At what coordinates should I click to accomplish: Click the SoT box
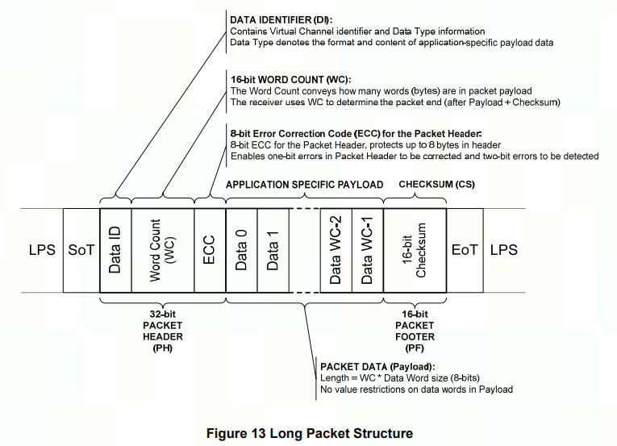[81, 250]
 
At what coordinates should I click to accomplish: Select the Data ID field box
[115, 250]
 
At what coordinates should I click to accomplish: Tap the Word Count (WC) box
[162, 250]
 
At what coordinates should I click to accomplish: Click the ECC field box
[210, 250]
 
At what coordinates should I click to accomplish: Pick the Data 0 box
[241, 250]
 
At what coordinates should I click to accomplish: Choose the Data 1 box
[273, 250]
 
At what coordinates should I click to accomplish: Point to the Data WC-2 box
[336, 250]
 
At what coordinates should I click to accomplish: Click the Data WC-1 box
[368, 250]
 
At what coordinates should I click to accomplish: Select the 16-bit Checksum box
[415, 250]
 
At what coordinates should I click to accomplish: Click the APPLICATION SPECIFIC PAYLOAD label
[304, 185]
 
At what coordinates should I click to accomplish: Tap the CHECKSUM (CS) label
[436, 185]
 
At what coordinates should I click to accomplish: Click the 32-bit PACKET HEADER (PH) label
[163, 331]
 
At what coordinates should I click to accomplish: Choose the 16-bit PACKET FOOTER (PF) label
[415, 331]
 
